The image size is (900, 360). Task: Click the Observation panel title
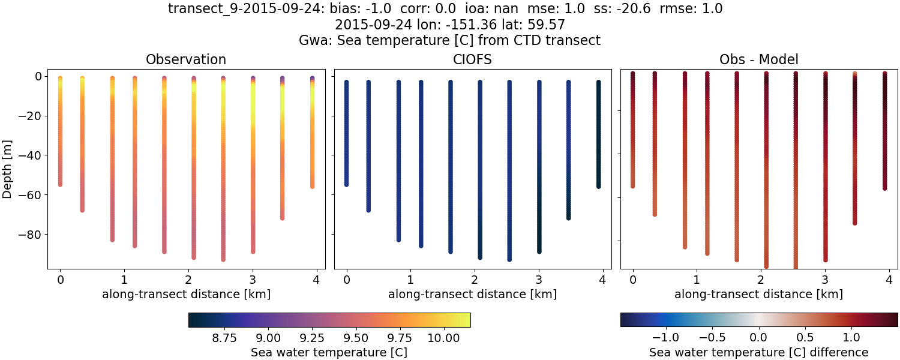click(186, 59)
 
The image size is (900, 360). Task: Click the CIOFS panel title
click(472, 59)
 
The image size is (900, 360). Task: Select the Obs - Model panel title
click(758, 59)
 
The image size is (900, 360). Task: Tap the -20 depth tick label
click(31, 116)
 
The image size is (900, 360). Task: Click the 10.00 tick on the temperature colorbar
click(443, 338)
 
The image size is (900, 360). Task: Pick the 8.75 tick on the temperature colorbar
click(224, 338)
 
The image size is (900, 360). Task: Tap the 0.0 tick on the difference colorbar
click(759, 338)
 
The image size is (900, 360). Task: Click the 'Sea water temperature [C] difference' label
click(758, 352)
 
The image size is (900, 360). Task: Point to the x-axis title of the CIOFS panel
click(472, 295)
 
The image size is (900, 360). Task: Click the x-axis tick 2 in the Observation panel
click(188, 280)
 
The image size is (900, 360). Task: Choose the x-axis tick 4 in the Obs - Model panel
click(889, 280)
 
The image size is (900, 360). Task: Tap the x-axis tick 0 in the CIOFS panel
click(346, 280)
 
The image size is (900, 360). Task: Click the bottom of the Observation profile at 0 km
click(60, 184)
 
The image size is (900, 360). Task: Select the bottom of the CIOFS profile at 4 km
click(598, 187)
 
